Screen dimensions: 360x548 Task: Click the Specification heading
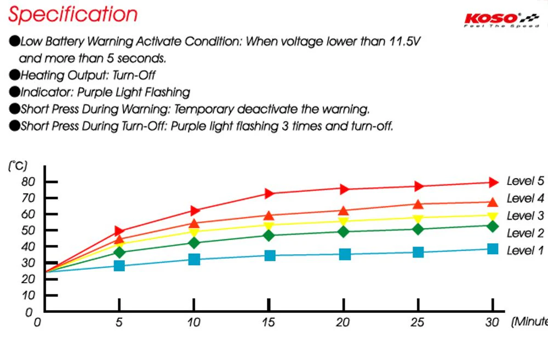[73, 15]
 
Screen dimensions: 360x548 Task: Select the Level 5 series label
[525, 181]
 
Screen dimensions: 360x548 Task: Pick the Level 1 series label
[525, 250]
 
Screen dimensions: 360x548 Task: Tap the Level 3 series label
[525, 215]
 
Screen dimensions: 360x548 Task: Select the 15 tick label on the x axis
[269, 322]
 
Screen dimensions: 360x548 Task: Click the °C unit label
[17, 165]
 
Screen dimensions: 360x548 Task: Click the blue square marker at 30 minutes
[492, 249]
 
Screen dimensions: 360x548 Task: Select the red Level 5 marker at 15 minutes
[269, 193]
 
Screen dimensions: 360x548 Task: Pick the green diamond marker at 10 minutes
[194, 243]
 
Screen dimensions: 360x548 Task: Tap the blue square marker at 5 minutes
[119, 266]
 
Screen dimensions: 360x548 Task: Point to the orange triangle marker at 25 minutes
[418, 204]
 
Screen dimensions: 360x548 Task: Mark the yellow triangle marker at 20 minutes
[344, 221]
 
